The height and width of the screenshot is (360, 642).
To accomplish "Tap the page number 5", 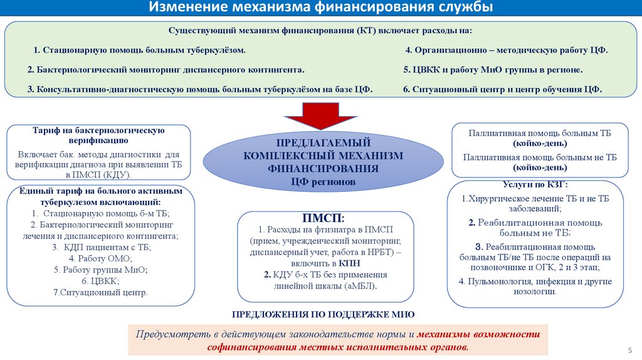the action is (629, 349).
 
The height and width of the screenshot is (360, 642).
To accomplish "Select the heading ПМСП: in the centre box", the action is (323, 218).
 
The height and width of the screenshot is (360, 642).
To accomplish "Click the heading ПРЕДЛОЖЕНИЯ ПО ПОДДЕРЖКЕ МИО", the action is (324, 314).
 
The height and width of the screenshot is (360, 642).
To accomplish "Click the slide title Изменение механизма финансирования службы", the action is (320, 8).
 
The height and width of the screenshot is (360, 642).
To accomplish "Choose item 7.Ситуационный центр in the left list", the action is (100, 292).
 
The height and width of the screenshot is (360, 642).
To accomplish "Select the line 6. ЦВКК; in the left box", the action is (100, 281).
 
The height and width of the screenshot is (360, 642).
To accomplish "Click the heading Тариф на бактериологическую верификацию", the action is (98, 135).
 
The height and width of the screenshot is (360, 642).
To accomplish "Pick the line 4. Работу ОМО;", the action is (100, 258).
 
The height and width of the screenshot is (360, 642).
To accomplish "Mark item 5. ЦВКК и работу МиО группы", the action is (493, 70).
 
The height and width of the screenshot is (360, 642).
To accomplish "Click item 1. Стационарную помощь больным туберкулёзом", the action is (140, 50).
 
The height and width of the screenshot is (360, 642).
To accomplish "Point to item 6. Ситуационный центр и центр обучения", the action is (502, 90).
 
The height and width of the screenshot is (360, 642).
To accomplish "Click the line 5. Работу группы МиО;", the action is (100, 270).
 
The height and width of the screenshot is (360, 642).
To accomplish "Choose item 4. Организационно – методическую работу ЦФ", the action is (507, 50).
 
